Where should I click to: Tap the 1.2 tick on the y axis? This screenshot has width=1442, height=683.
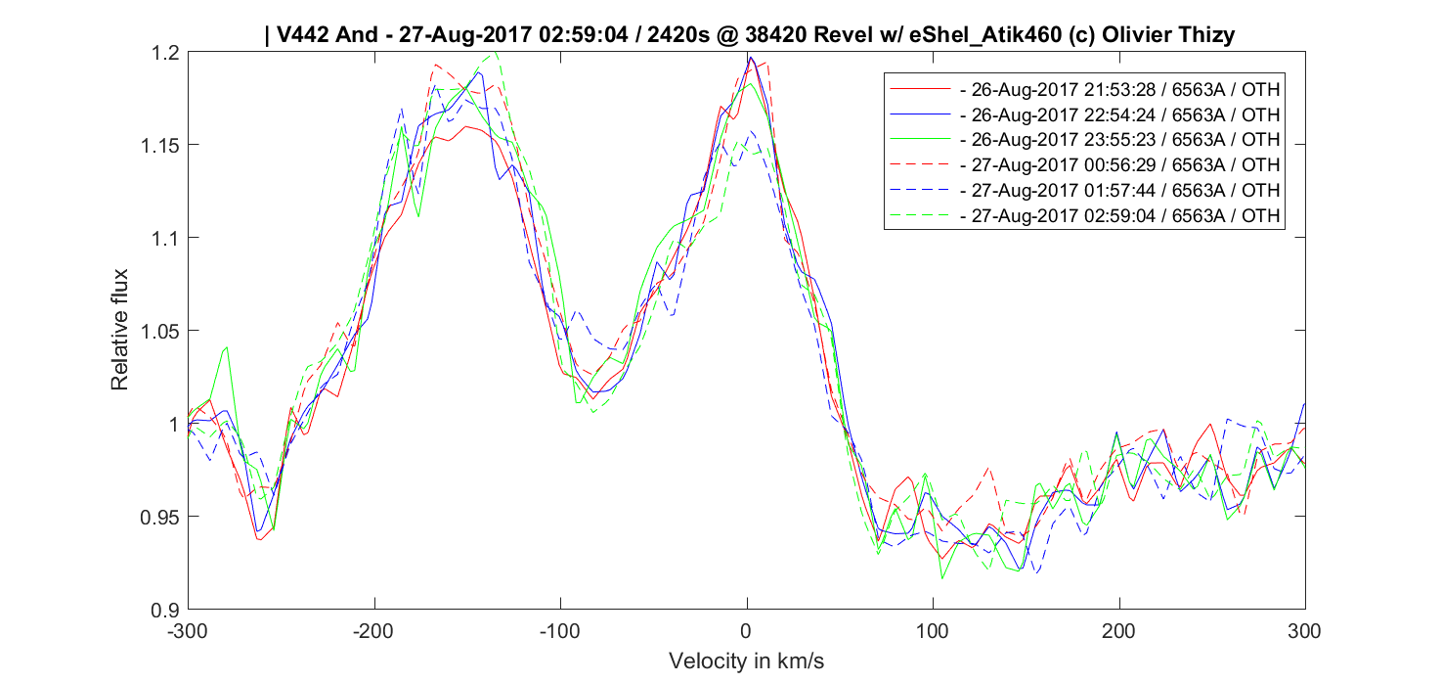(x=168, y=53)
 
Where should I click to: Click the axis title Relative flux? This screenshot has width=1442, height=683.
(x=119, y=330)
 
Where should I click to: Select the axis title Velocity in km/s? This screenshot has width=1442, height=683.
(x=746, y=660)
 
